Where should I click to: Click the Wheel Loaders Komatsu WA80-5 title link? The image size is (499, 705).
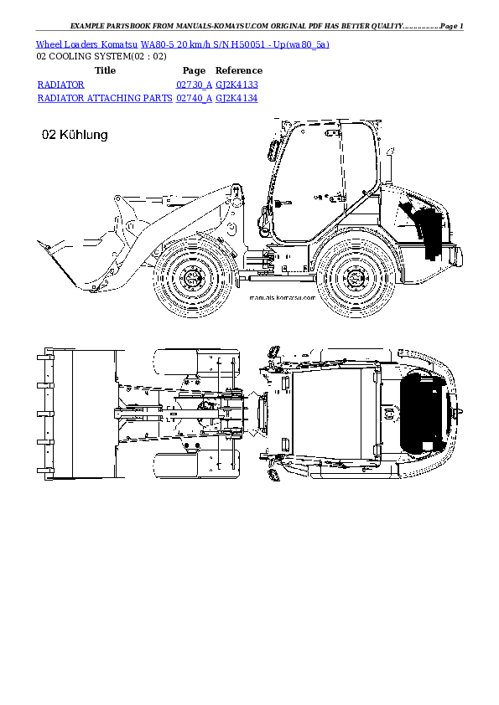tap(183, 44)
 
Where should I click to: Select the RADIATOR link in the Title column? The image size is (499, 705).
tap(61, 85)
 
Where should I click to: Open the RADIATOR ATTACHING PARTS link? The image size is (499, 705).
tap(104, 98)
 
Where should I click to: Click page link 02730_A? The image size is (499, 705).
tap(193, 85)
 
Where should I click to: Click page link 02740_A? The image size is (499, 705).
tap(193, 98)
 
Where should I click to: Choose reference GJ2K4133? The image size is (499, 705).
tap(237, 85)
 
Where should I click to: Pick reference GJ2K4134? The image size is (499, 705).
tap(237, 98)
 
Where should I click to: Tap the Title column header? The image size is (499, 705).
tap(106, 71)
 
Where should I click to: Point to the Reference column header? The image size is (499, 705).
tap(239, 71)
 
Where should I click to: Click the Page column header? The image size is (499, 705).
tap(194, 71)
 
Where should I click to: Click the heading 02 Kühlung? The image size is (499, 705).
tap(74, 135)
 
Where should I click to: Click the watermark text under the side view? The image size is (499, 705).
tap(283, 297)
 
